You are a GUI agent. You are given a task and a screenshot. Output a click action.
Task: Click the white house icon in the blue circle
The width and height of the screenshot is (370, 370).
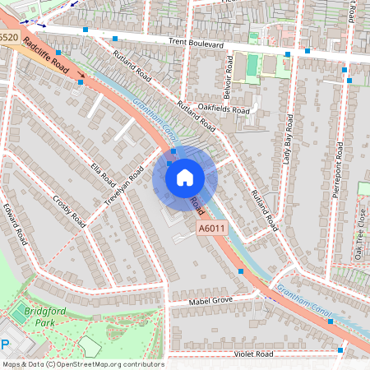coord(185,177)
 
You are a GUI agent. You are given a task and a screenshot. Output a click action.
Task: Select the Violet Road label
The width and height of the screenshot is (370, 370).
coord(252,354)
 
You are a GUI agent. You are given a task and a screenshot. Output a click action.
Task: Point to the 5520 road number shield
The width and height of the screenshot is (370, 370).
coord(8,38)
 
